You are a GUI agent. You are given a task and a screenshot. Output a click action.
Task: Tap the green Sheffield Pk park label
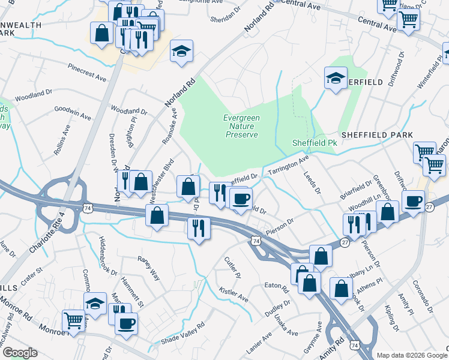coord(316,143)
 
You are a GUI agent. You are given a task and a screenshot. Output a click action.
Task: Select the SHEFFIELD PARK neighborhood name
coord(378,136)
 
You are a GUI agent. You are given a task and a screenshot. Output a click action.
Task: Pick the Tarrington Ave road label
coord(288,165)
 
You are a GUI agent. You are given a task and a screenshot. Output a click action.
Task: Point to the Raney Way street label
coord(148,267)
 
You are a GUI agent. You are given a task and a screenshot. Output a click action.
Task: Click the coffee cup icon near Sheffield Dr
coord(240,199)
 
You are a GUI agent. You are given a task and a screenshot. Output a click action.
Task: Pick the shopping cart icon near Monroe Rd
coord(73,322)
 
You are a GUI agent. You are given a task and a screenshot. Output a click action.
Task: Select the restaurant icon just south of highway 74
coord(197,229)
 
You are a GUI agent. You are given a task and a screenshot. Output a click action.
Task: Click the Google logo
coord(20,353)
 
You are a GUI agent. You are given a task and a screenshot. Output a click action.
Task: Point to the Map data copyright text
coord(411,355)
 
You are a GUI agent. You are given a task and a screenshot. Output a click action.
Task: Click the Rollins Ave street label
coord(62,140)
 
